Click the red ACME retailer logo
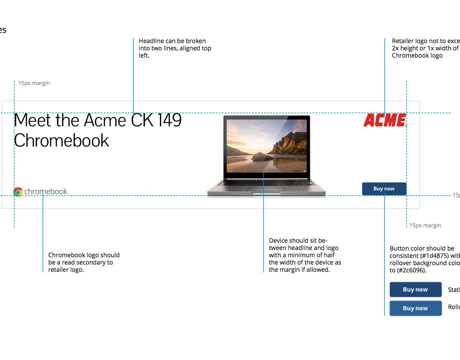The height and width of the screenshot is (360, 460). [x=385, y=120]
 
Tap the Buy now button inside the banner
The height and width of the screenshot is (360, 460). [x=384, y=189]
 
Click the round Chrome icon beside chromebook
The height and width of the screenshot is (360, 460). [x=18, y=192]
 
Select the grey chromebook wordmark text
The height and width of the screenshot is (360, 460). [x=46, y=192]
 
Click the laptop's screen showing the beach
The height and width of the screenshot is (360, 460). [x=267, y=145]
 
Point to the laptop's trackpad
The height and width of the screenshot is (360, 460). [x=266, y=189]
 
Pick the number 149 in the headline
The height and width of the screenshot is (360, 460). [x=169, y=120]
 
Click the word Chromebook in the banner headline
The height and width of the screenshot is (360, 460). [x=62, y=141]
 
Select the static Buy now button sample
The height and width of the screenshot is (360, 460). [x=415, y=290]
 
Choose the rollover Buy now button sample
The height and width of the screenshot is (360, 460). [x=415, y=308]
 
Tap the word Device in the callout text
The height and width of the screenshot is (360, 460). [x=278, y=241]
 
